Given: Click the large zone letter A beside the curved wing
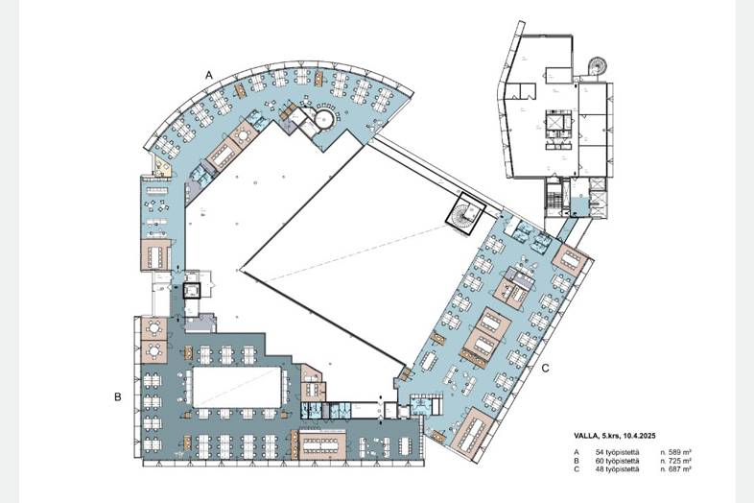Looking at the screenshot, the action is coord(209,75).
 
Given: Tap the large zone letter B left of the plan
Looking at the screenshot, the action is coord(117,397).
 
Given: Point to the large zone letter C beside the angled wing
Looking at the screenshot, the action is coord(545,369).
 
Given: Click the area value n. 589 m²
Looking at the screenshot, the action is coord(676,452).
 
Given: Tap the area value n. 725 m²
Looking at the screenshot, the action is coord(676,461).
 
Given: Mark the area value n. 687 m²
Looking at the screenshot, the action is coord(676,468).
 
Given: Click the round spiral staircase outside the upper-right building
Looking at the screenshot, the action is coord(598,65).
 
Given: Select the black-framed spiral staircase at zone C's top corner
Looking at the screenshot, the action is coord(464,214).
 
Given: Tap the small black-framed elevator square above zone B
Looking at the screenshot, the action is coord(191,291).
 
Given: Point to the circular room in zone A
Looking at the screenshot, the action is coord(324,118).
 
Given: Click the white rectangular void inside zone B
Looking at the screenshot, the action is coord(237,387).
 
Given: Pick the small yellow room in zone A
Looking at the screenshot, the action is coord(162,166).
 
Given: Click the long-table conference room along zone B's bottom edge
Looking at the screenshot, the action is coord(322,444).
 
